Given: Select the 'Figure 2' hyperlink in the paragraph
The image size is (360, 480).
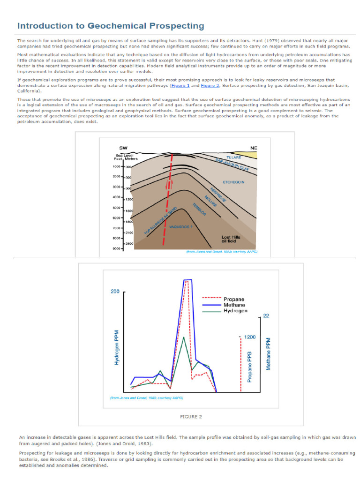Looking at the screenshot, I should pyautogui.click(x=210, y=86).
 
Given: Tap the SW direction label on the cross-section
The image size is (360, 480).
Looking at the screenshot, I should pyautogui.click(x=123, y=148).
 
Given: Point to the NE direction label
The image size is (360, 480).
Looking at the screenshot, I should pyautogui.click(x=254, y=148).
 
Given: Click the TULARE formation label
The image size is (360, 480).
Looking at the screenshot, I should pyautogui.click(x=233, y=157).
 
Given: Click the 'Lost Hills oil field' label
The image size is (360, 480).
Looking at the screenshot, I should pyautogui.click(x=231, y=240).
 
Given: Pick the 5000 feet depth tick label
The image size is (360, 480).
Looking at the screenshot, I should pyautogui.click(x=117, y=208).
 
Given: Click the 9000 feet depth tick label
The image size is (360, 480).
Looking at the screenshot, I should pyautogui.click(x=117, y=248).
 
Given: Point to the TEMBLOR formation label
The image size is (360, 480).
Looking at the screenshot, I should pyautogui.click(x=199, y=210).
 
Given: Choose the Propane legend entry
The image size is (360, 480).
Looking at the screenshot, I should pyautogui.click(x=233, y=299).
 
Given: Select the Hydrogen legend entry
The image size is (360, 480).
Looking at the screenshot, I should pyautogui.click(x=235, y=311).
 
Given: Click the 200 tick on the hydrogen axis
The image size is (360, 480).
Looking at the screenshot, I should pyautogui.click(x=115, y=292).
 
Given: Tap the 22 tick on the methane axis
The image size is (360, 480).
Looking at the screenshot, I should pyautogui.click(x=266, y=316).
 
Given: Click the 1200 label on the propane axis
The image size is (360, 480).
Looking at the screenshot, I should pyautogui.click(x=250, y=337).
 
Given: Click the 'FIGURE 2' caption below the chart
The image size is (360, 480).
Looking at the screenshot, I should pyautogui.click(x=191, y=416).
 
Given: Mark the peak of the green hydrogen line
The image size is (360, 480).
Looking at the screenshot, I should pyautogui.click(x=183, y=337).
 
